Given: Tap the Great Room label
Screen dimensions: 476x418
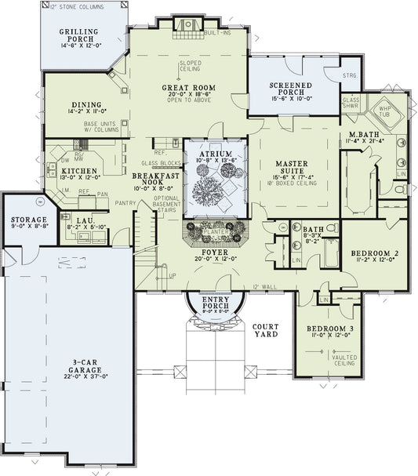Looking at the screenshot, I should point(185,88).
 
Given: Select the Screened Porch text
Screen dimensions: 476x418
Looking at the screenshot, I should point(291,88).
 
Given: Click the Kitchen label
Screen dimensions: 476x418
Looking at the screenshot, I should point(79,171).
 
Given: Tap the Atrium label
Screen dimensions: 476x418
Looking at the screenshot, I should point(215,154).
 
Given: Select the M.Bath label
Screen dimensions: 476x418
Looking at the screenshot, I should point(363,134).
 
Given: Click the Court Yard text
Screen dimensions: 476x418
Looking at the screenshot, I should point(267,329).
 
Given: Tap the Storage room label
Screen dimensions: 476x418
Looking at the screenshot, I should point(28,220).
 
